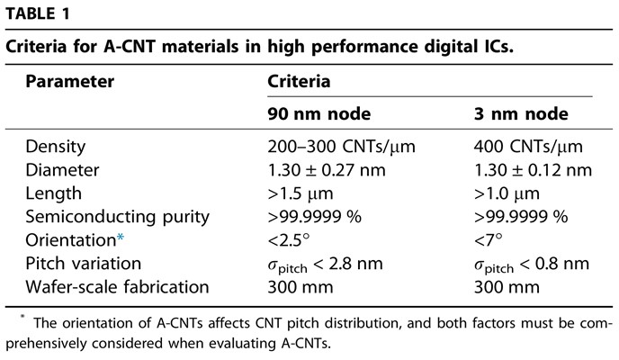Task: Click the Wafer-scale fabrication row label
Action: tap(117, 287)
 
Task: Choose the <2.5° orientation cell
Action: tap(289, 240)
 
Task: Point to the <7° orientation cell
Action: tap(489, 240)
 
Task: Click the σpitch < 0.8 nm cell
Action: tap(531, 264)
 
